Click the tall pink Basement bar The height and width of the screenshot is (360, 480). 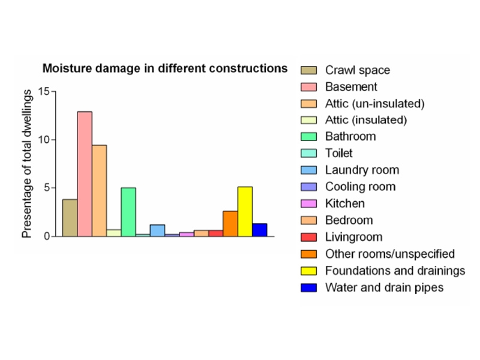click(85, 174)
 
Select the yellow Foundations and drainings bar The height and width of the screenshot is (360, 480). click(245, 212)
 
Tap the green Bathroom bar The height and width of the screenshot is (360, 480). click(128, 212)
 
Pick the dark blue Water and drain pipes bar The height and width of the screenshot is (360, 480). click(260, 230)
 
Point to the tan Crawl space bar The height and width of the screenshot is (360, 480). click(70, 218)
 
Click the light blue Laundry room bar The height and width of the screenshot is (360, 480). click(157, 230)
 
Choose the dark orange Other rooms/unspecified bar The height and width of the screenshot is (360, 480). click(230, 223)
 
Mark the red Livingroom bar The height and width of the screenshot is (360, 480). click(216, 233)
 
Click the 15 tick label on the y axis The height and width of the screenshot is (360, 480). click(43, 91)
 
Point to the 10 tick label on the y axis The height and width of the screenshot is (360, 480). click(43, 140)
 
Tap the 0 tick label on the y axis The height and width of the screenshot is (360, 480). click(47, 236)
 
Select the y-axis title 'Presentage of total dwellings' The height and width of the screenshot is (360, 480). click(27, 164)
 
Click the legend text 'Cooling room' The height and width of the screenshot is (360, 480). click(361, 187)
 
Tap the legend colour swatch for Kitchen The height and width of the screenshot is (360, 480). click(308, 203)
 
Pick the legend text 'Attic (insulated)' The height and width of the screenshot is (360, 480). click(366, 120)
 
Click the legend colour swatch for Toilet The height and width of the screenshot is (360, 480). click(308, 153)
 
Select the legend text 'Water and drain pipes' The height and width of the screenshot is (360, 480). click(384, 288)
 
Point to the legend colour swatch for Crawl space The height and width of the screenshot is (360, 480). click(308, 70)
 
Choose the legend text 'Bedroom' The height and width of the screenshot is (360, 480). click(349, 220)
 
